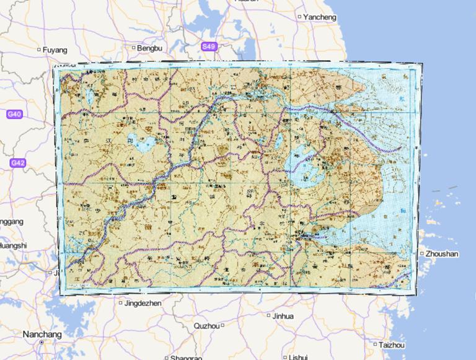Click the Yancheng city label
[320, 17]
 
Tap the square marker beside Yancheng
[300, 17]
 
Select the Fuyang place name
[55, 49]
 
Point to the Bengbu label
[149, 48]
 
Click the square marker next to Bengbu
[133, 47]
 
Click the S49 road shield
[209, 46]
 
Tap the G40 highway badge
[14, 114]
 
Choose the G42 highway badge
[17, 163]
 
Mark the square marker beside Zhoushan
[421, 253]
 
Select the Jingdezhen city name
[143, 304]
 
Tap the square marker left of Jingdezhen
[121, 303]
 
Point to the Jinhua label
[283, 316]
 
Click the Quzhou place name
[206, 325]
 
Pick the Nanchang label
[42, 334]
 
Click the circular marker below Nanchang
[42, 342]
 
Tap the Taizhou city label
[392, 345]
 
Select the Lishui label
[298, 357]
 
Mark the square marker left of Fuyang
[39, 49]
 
